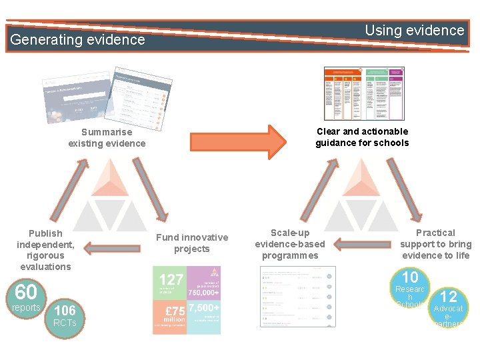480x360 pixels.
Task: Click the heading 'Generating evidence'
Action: tap(77, 39)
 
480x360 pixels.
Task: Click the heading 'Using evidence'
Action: tap(414, 30)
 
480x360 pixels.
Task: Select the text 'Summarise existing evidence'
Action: tap(107, 138)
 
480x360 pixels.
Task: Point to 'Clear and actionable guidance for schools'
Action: tap(362, 137)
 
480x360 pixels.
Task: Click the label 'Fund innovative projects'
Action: tap(192, 243)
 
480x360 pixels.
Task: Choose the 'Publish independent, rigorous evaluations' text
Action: tap(45, 250)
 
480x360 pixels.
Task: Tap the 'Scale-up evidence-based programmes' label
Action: tap(290, 244)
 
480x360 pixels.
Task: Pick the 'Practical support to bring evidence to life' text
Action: tap(435, 244)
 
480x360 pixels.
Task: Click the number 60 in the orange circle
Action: tap(25, 291)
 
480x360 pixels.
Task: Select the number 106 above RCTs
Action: tap(65, 310)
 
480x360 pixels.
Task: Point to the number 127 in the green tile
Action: tap(171, 280)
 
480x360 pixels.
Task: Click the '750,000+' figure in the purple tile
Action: tap(204, 291)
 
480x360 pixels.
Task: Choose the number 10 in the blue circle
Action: tap(409, 277)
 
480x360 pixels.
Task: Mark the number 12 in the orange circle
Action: tap(449, 297)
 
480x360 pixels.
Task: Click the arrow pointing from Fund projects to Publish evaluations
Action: tap(111, 248)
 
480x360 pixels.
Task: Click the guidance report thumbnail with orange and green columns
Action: tap(364, 93)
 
